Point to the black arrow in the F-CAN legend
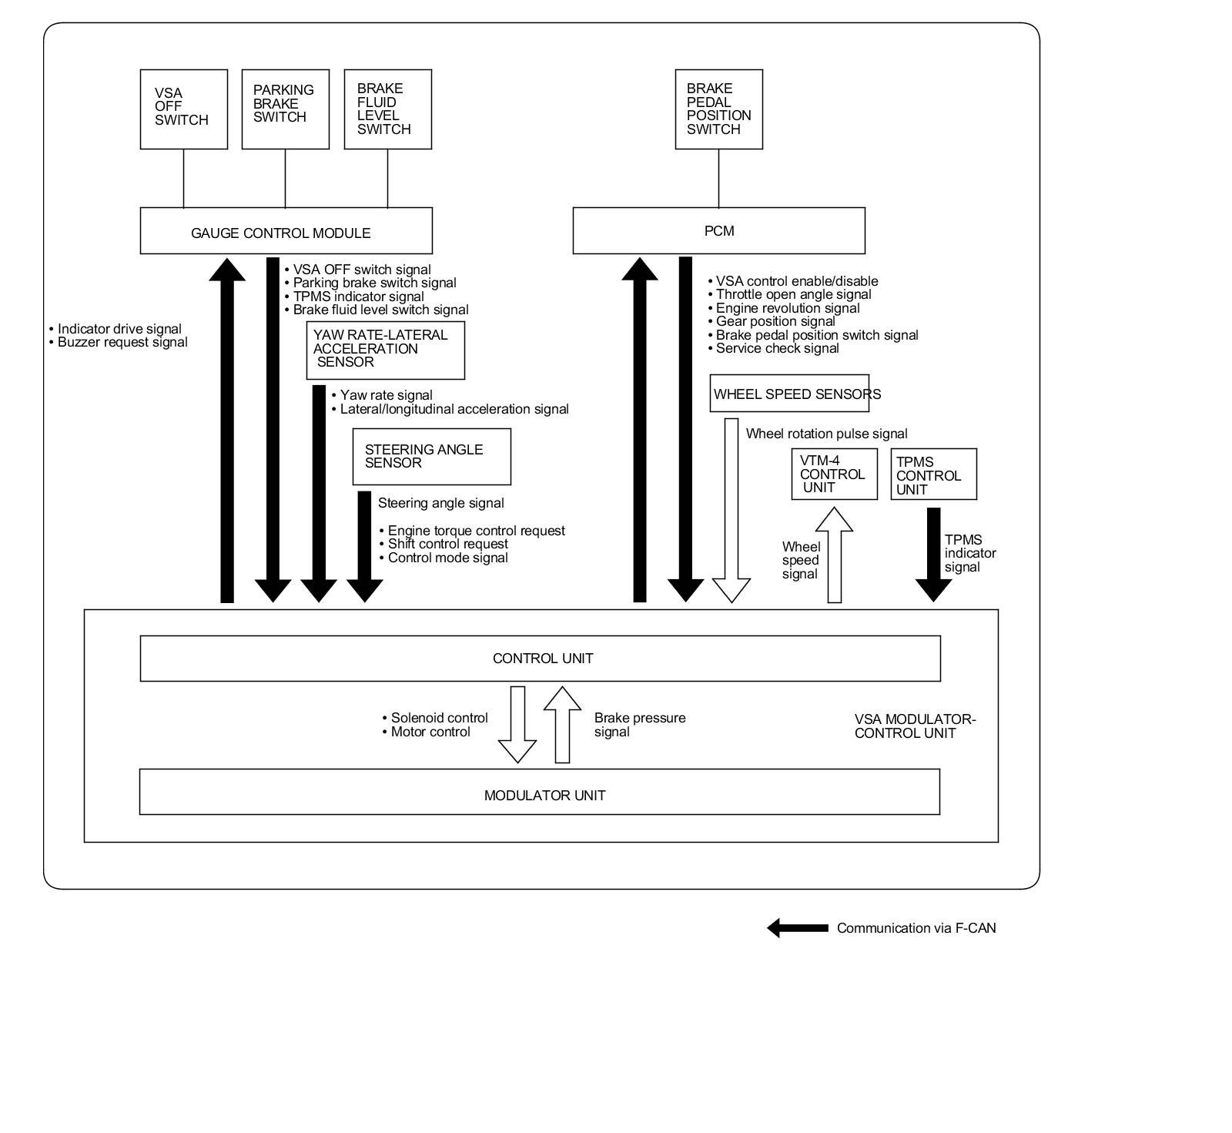click(797, 928)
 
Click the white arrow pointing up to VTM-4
click(834, 555)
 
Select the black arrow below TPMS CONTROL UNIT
click(933, 555)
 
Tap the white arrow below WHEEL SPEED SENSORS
click(731, 510)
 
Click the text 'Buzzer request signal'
click(122, 342)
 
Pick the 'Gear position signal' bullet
click(771, 321)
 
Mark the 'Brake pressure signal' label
click(640, 725)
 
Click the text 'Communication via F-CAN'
click(916, 928)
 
